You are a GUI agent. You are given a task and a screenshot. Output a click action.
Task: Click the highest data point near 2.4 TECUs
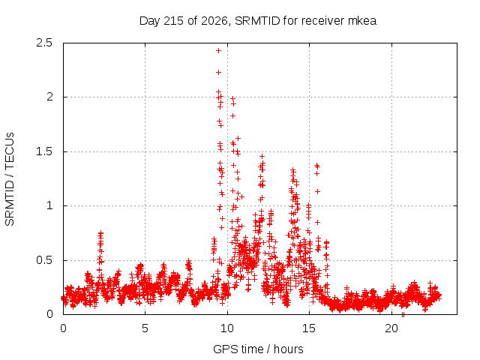(x=218, y=51)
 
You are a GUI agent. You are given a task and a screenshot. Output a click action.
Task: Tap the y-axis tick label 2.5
(x=44, y=43)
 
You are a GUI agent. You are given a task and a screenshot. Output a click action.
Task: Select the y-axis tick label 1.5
(x=44, y=151)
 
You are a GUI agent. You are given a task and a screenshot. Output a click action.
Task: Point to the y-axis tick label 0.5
(x=44, y=260)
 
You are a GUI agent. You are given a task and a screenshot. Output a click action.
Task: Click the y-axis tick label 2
(x=49, y=97)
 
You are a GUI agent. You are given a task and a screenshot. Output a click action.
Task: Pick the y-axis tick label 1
(x=49, y=205)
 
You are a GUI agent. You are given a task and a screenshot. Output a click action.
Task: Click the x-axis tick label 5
(x=145, y=328)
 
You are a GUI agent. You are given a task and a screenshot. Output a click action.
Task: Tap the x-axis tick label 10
(x=227, y=328)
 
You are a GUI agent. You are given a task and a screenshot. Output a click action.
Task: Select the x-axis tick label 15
(x=309, y=328)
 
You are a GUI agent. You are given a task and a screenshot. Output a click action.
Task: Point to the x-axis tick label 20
(x=391, y=328)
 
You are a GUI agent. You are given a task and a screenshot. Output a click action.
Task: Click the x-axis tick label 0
(x=63, y=328)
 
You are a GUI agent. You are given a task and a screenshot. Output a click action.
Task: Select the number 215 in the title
(x=174, y=21)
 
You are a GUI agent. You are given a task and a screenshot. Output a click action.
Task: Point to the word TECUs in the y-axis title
(x=10, y=151)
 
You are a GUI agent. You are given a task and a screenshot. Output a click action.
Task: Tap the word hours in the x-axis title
(x=289, y=349)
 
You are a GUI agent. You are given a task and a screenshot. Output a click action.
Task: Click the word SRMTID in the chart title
(x=258, y=21)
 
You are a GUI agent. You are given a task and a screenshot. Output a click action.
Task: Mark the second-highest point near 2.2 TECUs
(x=218, y=73)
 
